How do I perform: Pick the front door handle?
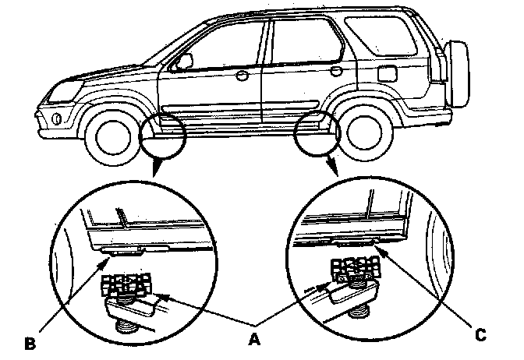[x=242, y=76]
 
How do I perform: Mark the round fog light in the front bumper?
[x=57, y=118]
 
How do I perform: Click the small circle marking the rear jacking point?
[x=317, y=132]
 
